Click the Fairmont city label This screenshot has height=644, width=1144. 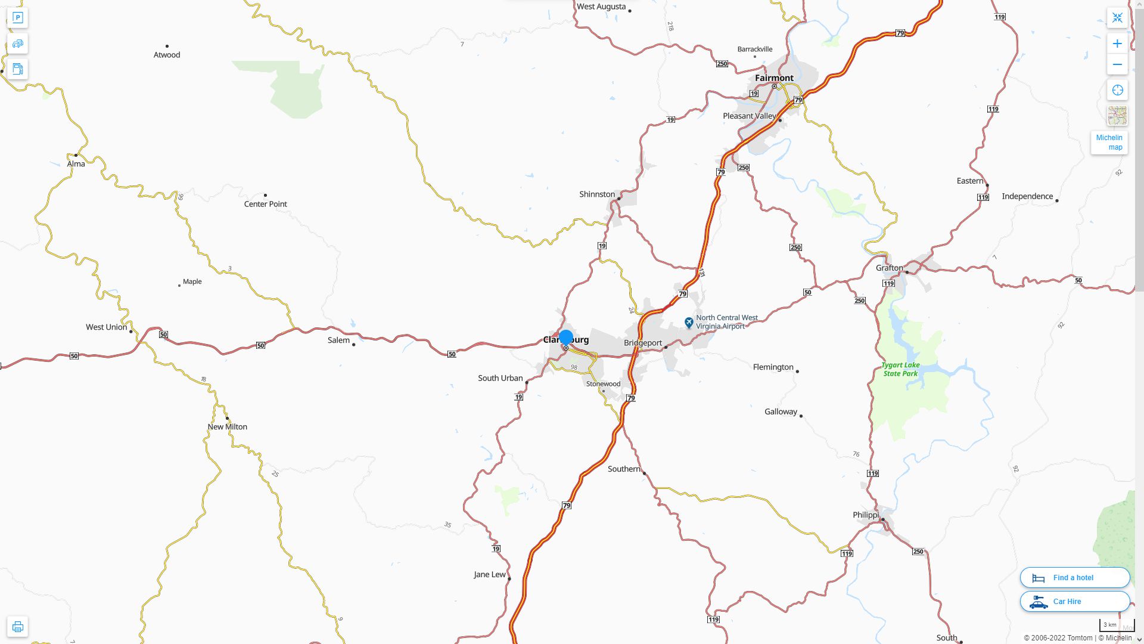(x=774, y=78)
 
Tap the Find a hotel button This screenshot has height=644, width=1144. (x=1074, y=578)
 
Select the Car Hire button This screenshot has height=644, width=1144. (x=1074, y=602)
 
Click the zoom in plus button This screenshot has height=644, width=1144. (x=1117, y=44)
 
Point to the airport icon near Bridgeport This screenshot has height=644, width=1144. (x=689, y=323)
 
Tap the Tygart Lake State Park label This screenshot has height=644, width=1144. (x=901, y=369)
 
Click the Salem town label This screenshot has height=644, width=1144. (x=338, y=340)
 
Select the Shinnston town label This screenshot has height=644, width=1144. (x=597, y=194)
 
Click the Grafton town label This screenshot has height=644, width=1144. (x=889, y=268)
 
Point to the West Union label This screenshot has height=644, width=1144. (x=106, y=327)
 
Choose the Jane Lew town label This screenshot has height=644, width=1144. (x=489, y=575)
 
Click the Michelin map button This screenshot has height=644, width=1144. (x=1109, y=143)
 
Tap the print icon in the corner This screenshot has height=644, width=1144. (x=17, y=627)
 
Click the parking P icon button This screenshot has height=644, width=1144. (x=17, y=18)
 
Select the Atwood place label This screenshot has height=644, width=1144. (x=167, y=55)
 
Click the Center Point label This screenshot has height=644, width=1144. (x=265, y=204)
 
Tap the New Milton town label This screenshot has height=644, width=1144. (x=227, y=427)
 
